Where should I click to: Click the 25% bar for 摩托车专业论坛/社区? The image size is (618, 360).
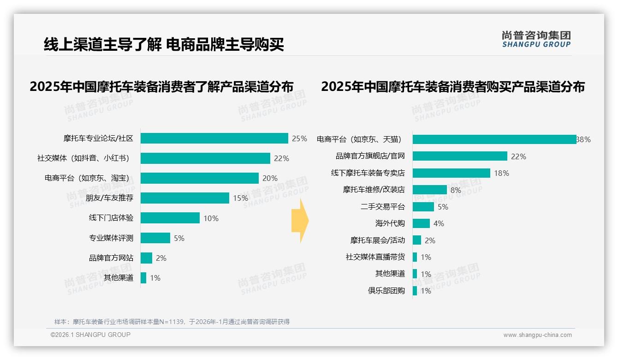[x=214, y=138]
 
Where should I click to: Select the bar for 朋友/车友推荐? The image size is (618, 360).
[x=184, y=198]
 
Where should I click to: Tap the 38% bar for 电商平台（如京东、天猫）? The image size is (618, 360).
[x=494, y=139]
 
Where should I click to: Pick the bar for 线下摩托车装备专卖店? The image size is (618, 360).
[x=451, y=173]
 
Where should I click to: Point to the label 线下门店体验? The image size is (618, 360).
[x=111, y=218]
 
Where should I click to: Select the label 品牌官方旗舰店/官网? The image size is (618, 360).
[x=370, y=156]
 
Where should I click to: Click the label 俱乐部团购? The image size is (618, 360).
[x=386, y=291]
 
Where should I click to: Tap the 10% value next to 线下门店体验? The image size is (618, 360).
[x=211, y=218]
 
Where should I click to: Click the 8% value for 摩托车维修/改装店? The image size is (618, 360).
[x=456, y=190]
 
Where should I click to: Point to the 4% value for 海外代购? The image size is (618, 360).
[x=439, y=223]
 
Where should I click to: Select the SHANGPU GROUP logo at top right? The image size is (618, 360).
[x=536, y=39]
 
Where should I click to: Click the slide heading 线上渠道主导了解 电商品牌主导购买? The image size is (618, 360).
[x=164, y=44]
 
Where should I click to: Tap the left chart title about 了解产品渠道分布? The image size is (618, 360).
[x=161, y=87]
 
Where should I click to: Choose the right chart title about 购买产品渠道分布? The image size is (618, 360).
[x=453, y=87]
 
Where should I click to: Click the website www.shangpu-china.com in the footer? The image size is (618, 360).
[x=537, y=335]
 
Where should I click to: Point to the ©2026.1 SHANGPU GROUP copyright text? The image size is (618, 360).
[x=90, y=335]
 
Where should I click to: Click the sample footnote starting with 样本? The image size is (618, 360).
[x=172, y=322]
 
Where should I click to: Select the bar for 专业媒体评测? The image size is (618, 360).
[x=155, y=238]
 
